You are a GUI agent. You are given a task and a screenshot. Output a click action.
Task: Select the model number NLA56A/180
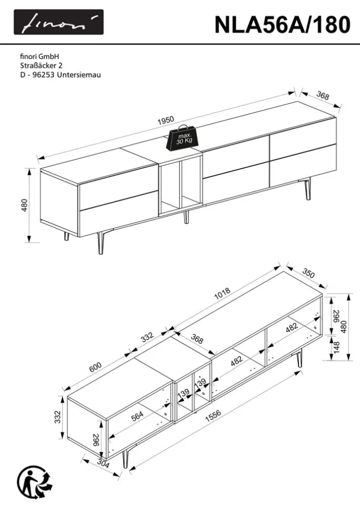click(282, 23)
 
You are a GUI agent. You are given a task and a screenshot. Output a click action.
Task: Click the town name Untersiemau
click(79, 75)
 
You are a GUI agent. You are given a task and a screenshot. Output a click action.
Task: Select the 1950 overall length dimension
click(166, 121)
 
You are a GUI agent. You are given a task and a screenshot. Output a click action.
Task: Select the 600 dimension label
click(96, 366)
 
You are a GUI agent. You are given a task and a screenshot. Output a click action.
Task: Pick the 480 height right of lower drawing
click(345, 326)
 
